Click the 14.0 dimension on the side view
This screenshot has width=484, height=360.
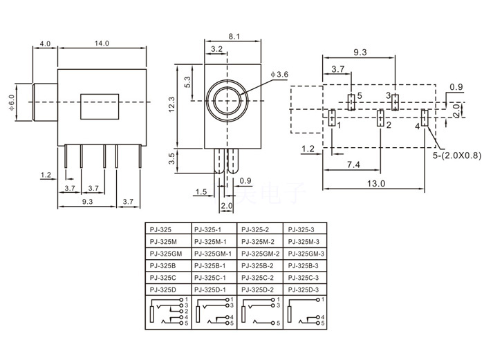pos(102,44)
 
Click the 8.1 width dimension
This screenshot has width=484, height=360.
pos(233,37)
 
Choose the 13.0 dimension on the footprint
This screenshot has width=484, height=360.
pos(376,183)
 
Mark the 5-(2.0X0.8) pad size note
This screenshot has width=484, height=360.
pos(457,156)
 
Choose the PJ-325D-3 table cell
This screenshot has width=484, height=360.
pos(304,289)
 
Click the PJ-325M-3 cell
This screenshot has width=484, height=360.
pos(304,242)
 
